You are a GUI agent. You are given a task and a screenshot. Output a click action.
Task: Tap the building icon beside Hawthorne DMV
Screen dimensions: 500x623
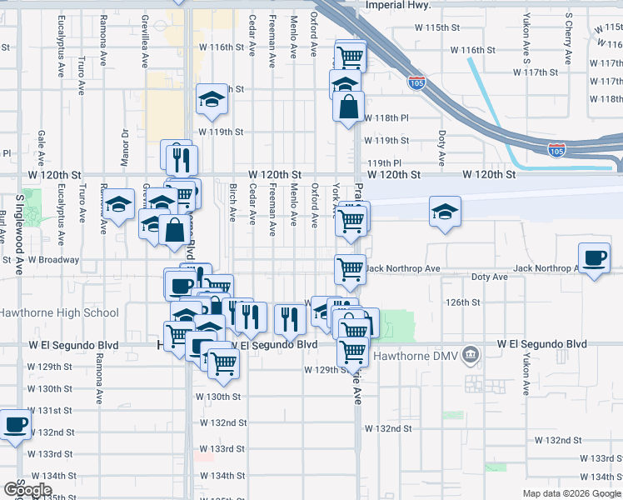point(471,355)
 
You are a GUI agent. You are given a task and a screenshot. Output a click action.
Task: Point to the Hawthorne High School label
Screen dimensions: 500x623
point(59,313)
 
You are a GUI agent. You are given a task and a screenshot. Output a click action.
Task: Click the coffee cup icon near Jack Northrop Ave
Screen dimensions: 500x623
point(594,257)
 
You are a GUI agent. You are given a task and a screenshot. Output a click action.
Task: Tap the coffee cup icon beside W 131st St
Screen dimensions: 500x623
point(15,425)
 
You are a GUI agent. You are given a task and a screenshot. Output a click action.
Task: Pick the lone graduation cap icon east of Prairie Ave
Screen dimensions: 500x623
point(446,211)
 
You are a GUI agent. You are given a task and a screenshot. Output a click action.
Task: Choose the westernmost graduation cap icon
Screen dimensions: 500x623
point(119,203)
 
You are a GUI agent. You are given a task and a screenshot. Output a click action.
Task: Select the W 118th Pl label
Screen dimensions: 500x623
point(386,117)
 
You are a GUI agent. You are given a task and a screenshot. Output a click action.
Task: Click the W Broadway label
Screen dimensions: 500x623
point(53,259)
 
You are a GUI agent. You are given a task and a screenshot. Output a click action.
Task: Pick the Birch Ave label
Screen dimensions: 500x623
point(232,203)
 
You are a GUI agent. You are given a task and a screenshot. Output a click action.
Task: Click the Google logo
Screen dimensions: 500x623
point(27,490)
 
